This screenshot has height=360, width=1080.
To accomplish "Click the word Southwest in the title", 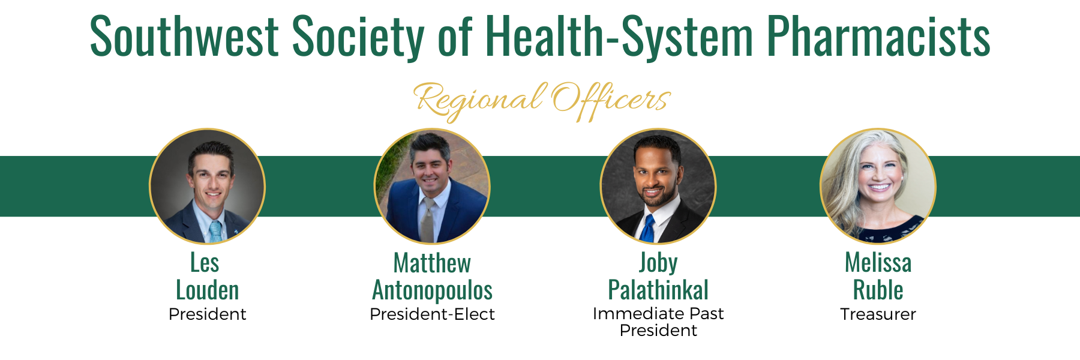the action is tap(184, 37).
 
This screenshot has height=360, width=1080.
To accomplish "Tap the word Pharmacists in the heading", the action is tap(878, 37).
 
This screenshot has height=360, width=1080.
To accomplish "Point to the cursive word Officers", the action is tap(611, 100).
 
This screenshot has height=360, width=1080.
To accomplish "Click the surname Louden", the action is tap(208, 290).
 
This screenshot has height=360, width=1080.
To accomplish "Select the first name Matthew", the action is tap(432, 263).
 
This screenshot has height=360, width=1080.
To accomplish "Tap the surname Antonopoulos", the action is tap(433, 291).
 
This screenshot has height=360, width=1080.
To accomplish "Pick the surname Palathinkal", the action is tap(658, 290).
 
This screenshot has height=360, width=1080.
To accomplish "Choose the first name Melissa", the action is tap(878, 263).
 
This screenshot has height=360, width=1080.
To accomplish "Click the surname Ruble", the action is tap(878, 290).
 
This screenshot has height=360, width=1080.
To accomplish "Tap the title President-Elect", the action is tap(432, 314).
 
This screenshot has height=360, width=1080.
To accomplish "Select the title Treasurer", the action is tap(878, 314).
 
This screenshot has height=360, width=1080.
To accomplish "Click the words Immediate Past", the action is tap(658, 314).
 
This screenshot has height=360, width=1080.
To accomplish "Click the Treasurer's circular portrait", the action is tap(878, 187).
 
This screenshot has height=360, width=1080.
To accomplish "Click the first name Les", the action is tap(205, 263).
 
